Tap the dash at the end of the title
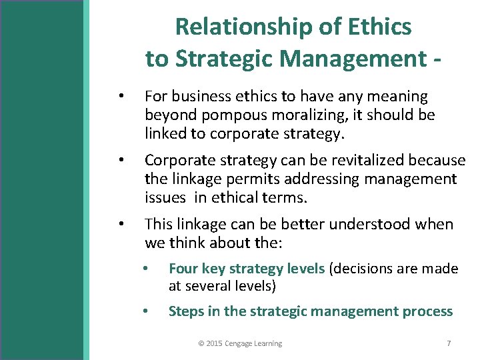pos(437,59)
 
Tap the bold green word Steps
pos(187,311)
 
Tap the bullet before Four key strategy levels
pos(145,269)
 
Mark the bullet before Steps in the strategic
pos(145,312)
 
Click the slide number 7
pos(449,343)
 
